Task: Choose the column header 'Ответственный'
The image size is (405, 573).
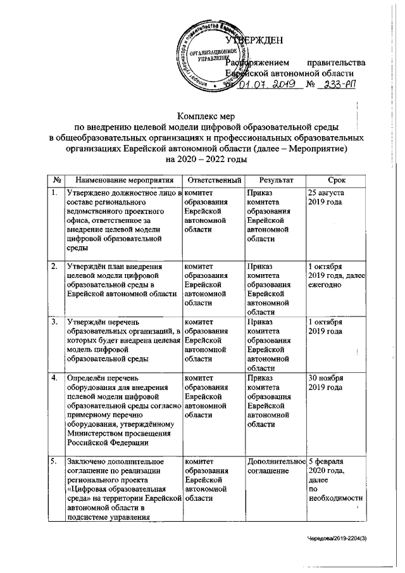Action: (x=214, y=180)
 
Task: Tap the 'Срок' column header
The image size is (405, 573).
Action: (x=336, y=180)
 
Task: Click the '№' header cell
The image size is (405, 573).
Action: (x=57, y=180)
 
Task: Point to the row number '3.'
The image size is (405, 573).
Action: (x=56, y=322)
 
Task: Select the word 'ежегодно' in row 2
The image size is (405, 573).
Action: (x=327, y=286)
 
